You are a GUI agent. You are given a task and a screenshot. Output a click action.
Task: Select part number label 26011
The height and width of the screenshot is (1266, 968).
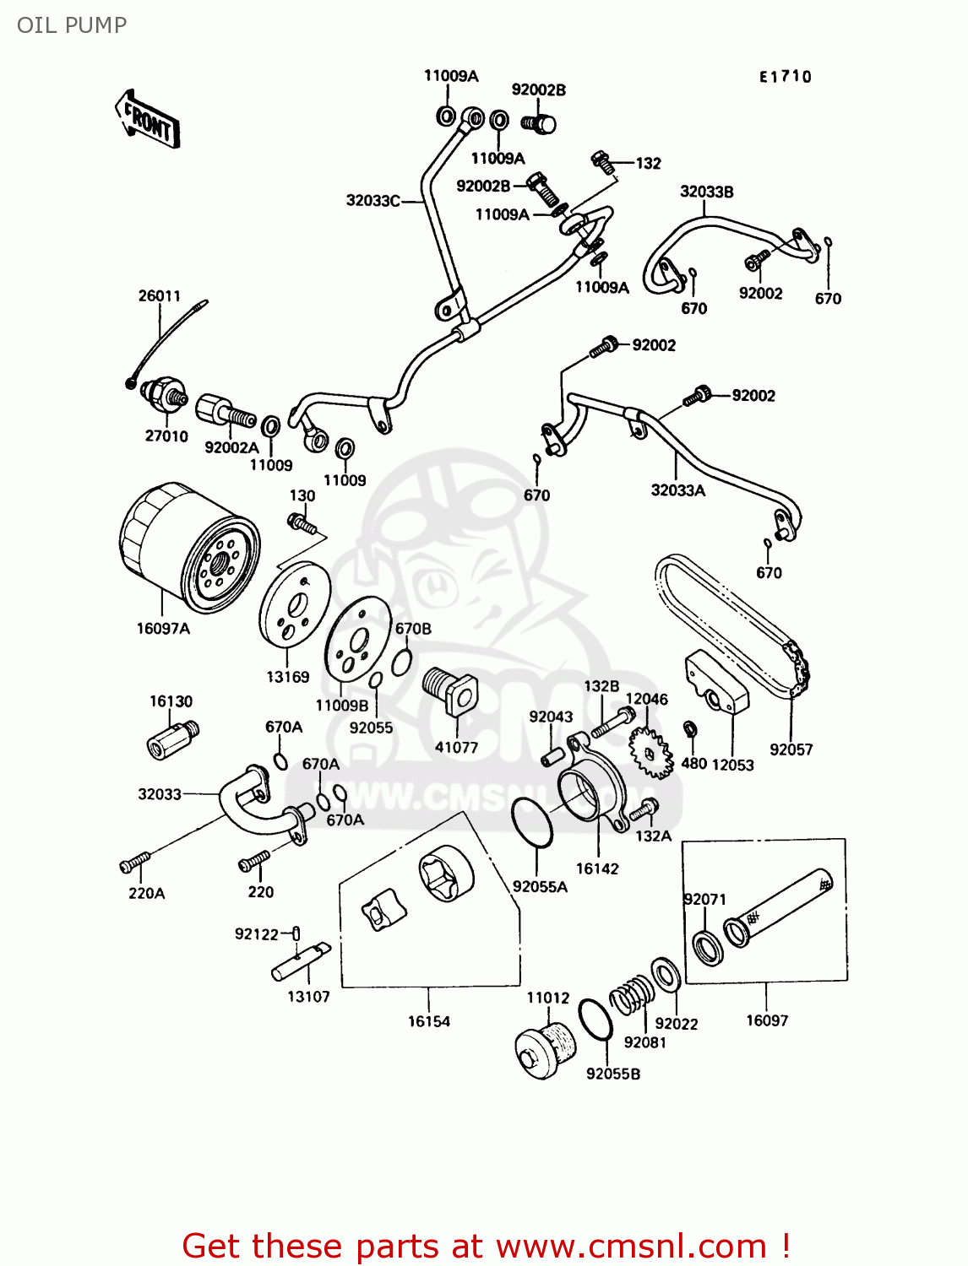pos(160,296)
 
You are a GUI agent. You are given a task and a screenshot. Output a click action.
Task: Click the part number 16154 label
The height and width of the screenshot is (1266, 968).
pos(429,1021)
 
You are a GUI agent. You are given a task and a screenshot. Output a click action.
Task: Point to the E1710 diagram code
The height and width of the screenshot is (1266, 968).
pos(785,77)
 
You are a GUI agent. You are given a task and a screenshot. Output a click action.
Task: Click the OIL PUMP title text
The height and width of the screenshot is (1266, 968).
pos(72,25)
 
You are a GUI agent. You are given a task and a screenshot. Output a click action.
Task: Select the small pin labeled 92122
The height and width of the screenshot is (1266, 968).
pos(296,933)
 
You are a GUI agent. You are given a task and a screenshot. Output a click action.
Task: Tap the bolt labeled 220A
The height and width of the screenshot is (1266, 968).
pos(134,863)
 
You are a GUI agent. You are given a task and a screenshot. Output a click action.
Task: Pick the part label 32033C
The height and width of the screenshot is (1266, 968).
pos(373,201)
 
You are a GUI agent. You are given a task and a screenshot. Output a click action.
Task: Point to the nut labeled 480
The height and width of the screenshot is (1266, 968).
pos(689,728)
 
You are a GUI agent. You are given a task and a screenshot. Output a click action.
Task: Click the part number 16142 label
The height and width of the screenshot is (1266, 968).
pos(597,868)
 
